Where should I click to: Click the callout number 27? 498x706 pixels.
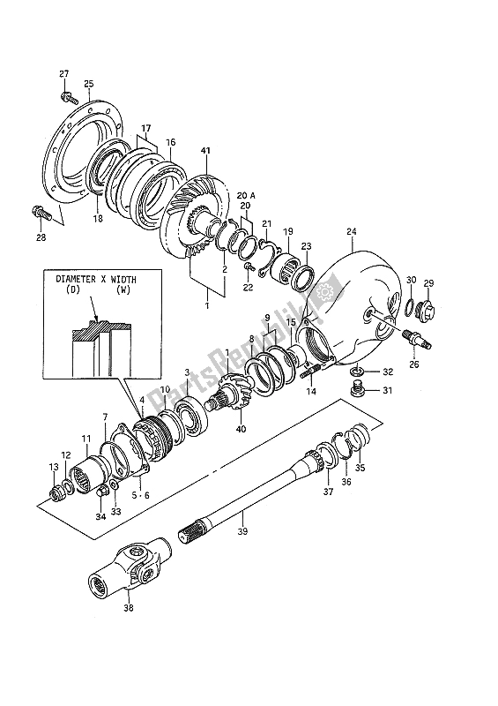63,72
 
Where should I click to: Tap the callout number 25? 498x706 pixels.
88,84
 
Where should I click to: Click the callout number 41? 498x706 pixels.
207,153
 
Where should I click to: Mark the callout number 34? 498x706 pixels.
99,516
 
